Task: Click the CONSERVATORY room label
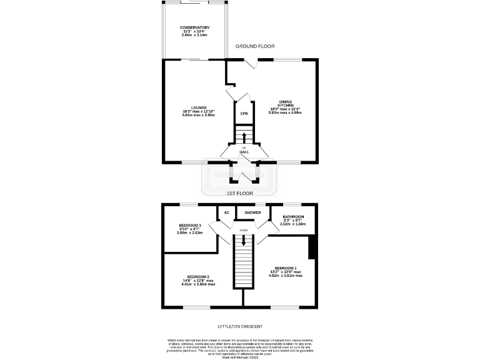pos(194,27)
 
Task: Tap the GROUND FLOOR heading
pos(255,46)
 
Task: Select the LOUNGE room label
pos(199,107)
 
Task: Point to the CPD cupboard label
pos(244,114)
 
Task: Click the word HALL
pos(244,152)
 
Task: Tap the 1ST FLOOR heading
pos(239,193)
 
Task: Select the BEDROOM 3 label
pos(190,225)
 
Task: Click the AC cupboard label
pos(226,212)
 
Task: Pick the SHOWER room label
pos(253,212)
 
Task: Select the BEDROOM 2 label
pos(197,276)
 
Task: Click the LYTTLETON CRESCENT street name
pos(240,327)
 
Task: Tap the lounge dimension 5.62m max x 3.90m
pos(199,116)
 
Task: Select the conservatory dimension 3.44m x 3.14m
pos(194,35)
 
